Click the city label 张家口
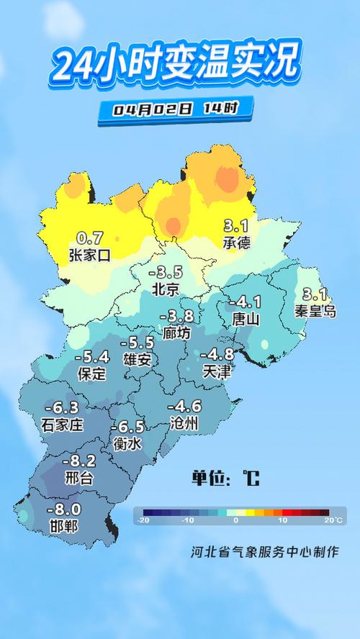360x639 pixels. click(x=90, y=254)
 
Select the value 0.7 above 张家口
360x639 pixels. click(x=91, y=237)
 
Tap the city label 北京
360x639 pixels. click(x=166, y=289)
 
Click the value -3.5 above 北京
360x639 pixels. click(x=166, y=273)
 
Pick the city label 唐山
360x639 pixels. click(x=246, y=318)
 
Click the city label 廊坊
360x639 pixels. click(x=176, y=333)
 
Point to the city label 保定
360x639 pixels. click(x=91, y=373)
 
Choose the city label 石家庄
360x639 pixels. click(x=63, y=425)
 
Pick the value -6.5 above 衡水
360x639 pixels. click(x=128, y=426)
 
